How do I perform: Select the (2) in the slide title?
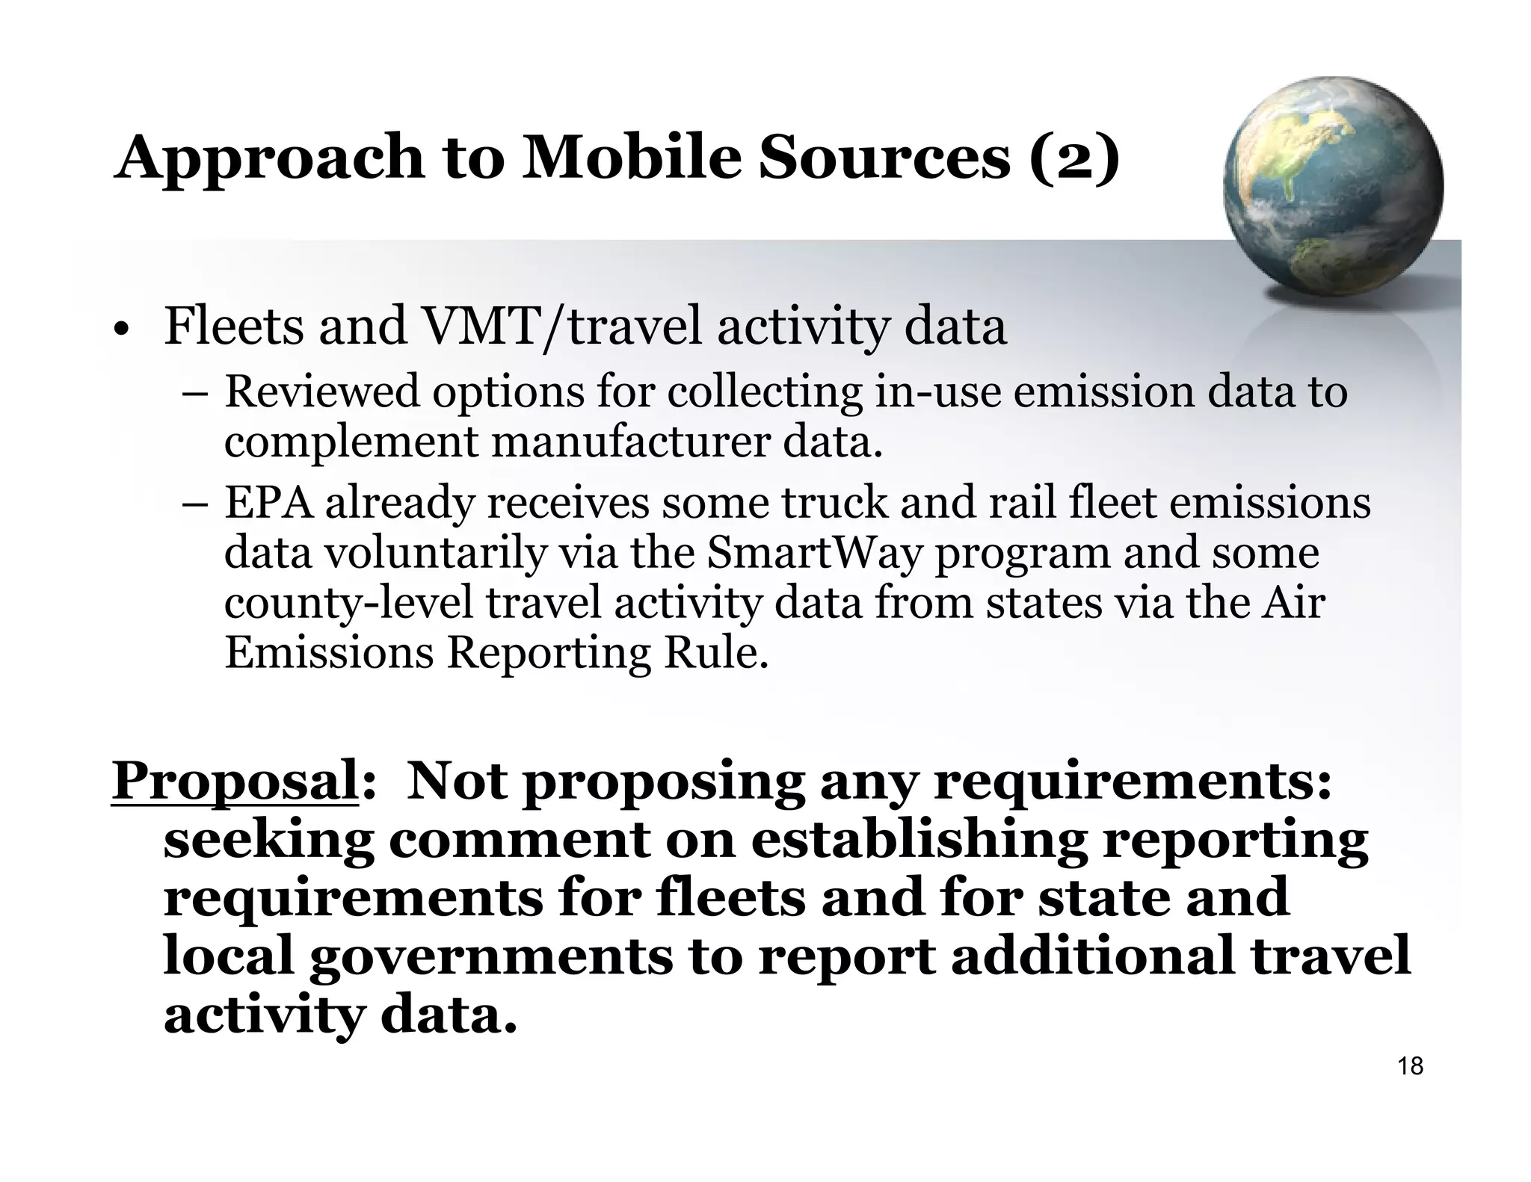1074,158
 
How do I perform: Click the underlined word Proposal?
234,781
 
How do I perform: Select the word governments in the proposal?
490,957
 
